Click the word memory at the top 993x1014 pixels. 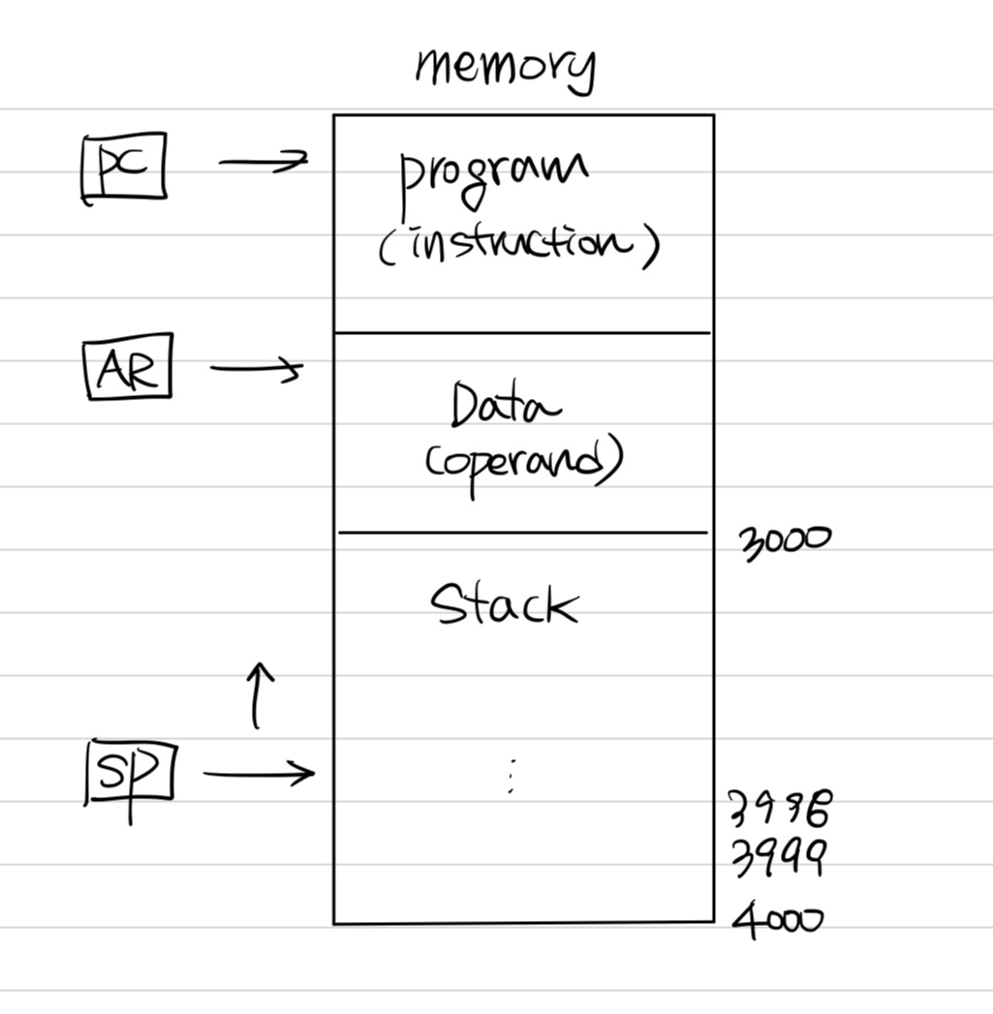tap(505, 68)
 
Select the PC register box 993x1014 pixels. tap(124, 169)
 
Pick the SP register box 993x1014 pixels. tap(131, 771)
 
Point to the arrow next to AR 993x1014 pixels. tap(256, 368)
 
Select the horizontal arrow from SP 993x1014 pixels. tap(259, 773)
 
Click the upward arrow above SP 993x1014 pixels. tap(257, 694)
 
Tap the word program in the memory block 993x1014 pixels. tap(493, 177)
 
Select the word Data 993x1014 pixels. tap(505, 404)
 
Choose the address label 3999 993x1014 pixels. tap(777, 857)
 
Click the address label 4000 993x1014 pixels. tap(777, 918)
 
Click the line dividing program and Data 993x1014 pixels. tap(522, 333)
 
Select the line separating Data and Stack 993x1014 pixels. tap(522, 533)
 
